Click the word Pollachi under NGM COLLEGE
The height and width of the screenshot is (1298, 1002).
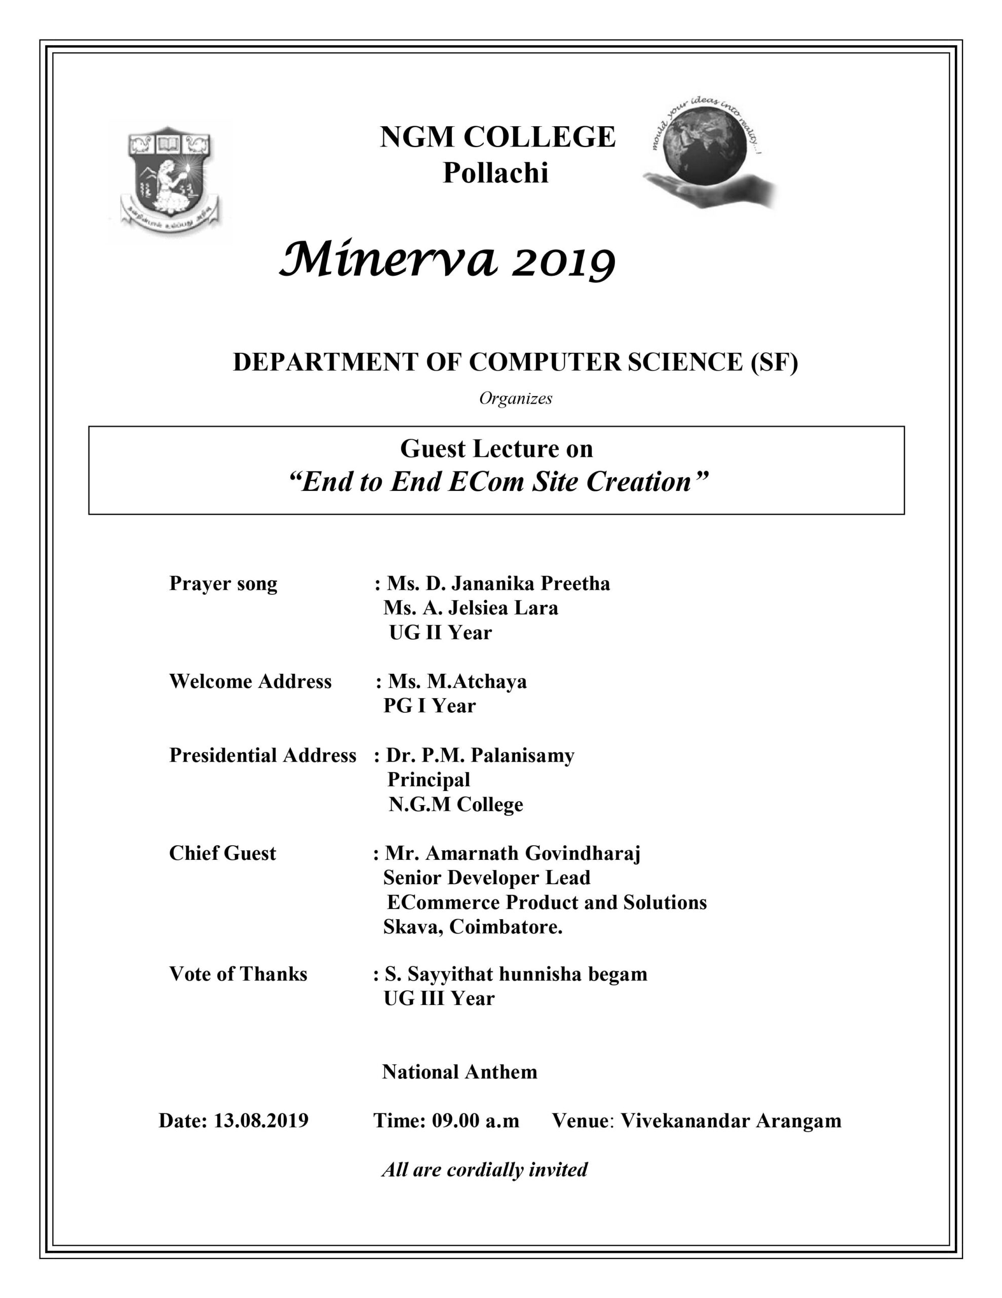click(496, 173)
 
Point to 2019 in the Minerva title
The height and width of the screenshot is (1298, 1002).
click(563, 263)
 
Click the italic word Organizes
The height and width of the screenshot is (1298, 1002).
click(516, 398)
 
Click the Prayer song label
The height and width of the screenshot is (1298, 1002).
click(223, 584)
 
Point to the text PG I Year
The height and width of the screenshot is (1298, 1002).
click(430, 706)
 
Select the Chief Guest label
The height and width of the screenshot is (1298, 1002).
click(222, 853)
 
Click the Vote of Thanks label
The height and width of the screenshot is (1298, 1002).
click(238, 974)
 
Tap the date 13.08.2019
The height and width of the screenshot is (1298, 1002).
click(261, 1121)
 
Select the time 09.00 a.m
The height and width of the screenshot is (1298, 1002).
click(475, 1121)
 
